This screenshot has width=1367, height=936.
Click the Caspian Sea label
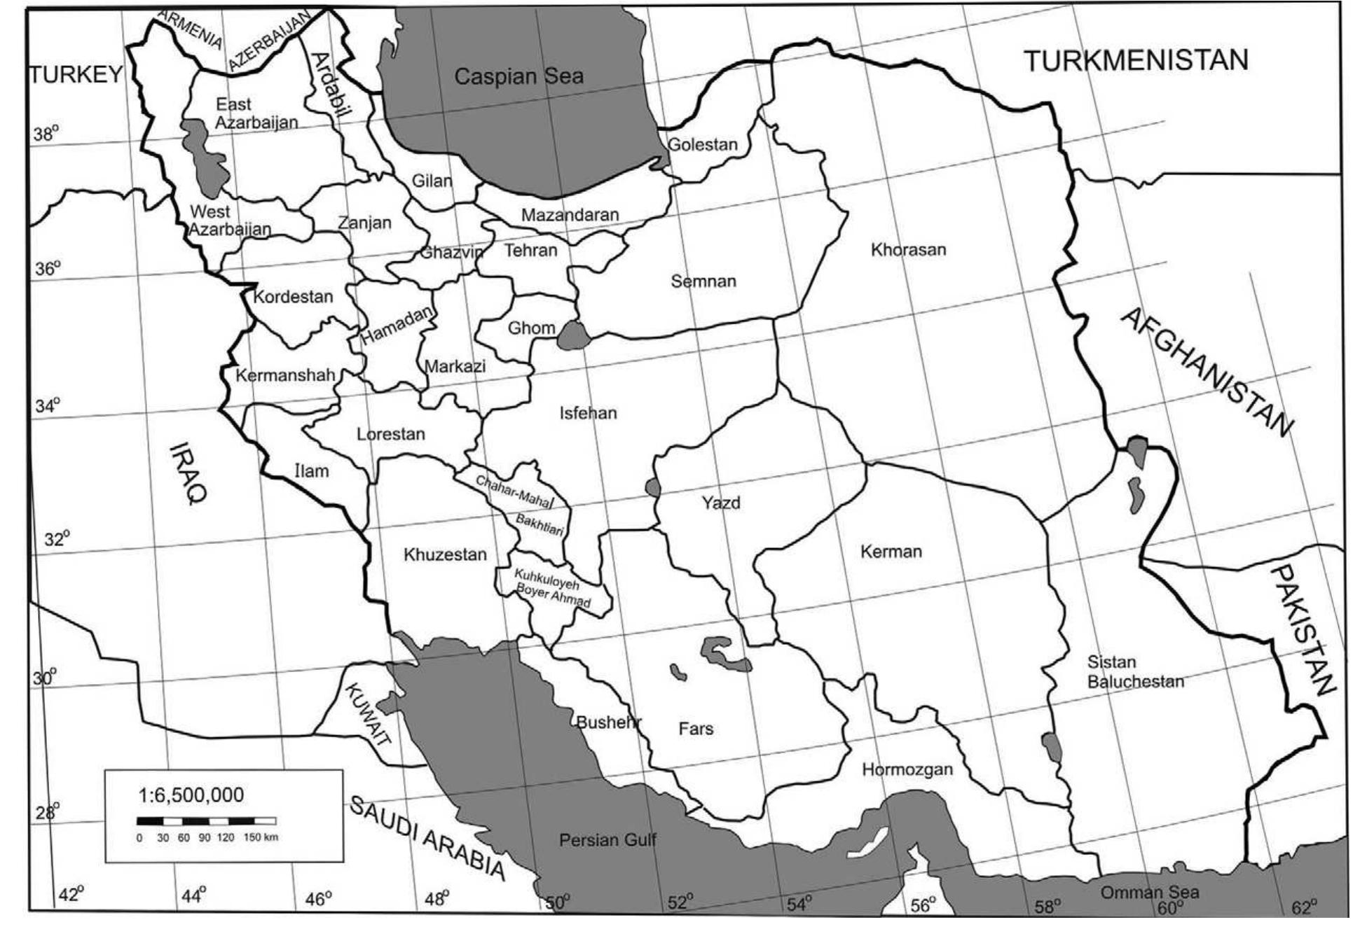518,76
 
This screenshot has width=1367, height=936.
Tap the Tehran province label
530,251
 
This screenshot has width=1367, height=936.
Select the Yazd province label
720,503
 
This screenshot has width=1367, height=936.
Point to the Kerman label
891,552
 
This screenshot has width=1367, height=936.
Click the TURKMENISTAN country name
1136,61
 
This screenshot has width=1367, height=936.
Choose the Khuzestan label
445,554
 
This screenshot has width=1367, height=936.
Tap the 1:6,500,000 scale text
191,795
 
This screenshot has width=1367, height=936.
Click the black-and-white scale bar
206,821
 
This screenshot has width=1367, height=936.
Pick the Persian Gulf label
607,840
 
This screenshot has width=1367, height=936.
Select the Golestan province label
702,145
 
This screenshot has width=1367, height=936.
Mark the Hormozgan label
907,770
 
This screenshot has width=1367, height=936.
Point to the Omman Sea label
1149,893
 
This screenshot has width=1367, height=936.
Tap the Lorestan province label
390,434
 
